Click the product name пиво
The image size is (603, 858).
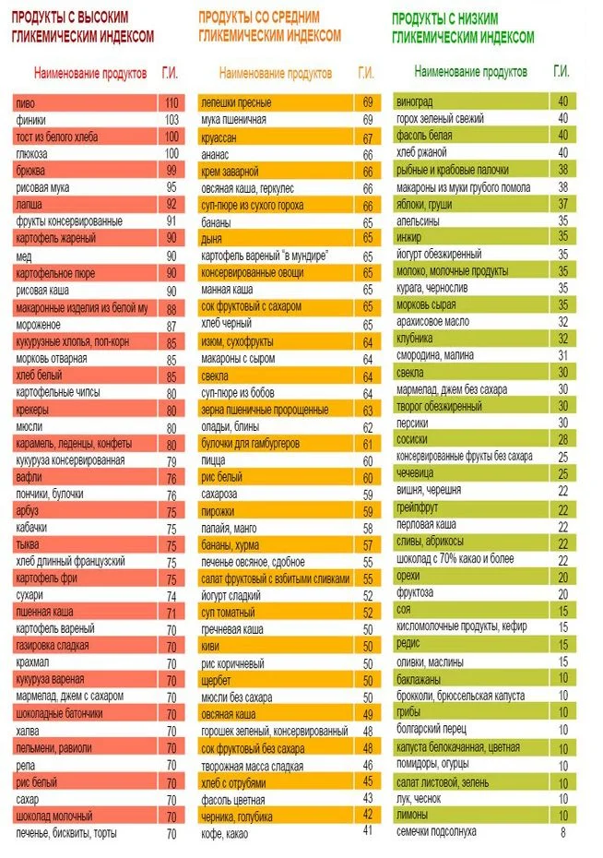26,102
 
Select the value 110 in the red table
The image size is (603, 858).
171,102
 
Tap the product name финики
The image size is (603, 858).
31,120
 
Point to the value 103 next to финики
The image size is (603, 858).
171,120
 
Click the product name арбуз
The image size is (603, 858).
29,510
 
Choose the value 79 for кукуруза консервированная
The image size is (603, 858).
171,460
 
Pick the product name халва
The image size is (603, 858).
30,731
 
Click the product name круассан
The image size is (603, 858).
222,137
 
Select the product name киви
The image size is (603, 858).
210,647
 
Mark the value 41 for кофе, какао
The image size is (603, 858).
367,831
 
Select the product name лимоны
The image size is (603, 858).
412,816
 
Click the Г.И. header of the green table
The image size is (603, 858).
561,71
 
